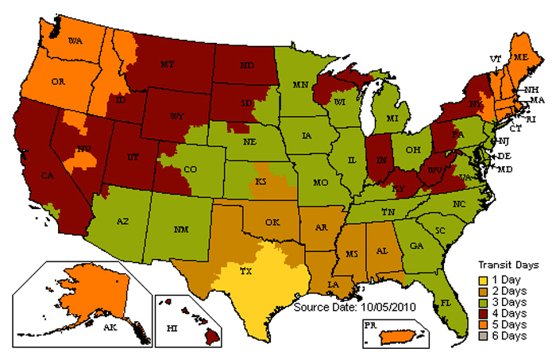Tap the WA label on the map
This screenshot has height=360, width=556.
[x=76, y=40]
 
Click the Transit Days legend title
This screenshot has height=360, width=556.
[x=508, y=265]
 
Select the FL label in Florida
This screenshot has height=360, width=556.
[x=446, y=303]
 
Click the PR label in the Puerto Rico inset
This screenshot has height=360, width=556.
[x=370, y=325]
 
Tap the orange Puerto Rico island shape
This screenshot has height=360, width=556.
[x=400, y=337]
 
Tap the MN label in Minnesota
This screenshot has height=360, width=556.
[x=301, y=84]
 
